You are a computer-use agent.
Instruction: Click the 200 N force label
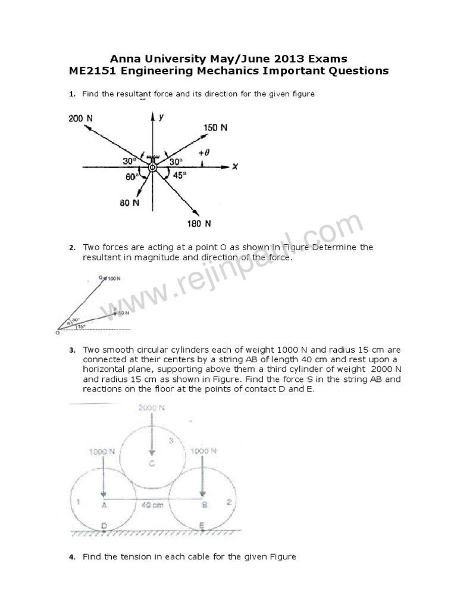click(80, 118)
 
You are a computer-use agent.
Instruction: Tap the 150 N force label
click(215, 127)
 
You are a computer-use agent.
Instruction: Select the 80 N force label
click(129, 203)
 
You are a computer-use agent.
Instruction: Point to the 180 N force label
click(200, 224)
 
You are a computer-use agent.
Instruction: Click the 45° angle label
click(179, 175)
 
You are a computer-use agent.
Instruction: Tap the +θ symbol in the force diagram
click(204, 152)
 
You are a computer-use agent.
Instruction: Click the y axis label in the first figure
click(161, 117)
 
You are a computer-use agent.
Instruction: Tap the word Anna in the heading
click(126, 58)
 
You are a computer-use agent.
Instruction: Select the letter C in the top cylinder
click(151, 464)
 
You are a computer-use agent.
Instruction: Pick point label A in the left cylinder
click(104, 505)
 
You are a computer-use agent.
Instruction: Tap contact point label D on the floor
click(104, 525)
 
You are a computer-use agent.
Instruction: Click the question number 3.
click(71, 350)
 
